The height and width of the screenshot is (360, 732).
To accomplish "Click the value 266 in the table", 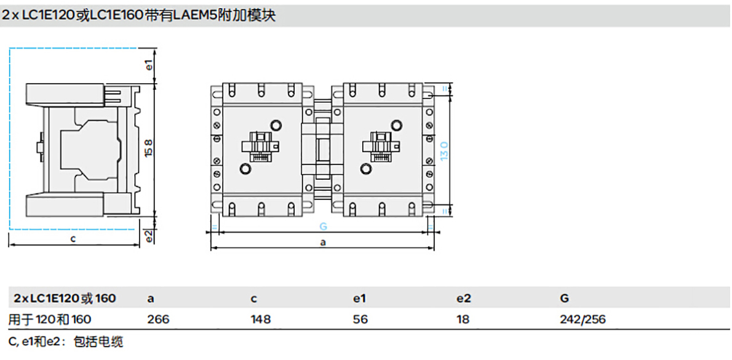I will (158, 319).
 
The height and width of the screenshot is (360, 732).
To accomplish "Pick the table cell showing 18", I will (463, 319).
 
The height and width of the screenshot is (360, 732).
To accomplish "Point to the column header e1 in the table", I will (359, 298).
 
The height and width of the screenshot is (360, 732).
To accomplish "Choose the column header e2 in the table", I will (463, 298).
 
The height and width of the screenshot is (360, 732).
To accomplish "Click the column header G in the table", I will (564, 298).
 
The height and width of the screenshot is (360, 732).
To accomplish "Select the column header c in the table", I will (254, 298).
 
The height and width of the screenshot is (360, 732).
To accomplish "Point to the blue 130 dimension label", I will (444, 149).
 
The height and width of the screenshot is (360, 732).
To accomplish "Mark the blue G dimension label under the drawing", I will (323, 226).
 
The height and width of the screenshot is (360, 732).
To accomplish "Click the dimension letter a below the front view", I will (323, 242).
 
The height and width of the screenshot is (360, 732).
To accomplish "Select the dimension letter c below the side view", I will (73, 238).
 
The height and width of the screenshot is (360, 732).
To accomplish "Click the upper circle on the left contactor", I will (276, 126).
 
